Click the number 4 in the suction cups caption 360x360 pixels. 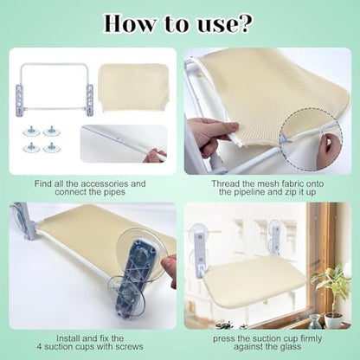click(x=40, y=347)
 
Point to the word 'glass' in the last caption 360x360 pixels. click(x=291, y=347)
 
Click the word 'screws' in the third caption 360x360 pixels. click(x=130, y=347)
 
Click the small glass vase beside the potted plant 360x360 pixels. click(x=314, y=321)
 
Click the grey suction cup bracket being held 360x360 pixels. click(x=138, y=277)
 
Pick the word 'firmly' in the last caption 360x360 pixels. click(x=311, y=339)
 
